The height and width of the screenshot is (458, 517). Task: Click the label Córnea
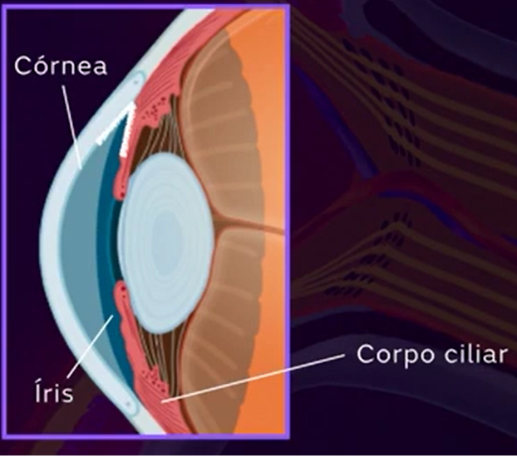coord(61,66)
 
